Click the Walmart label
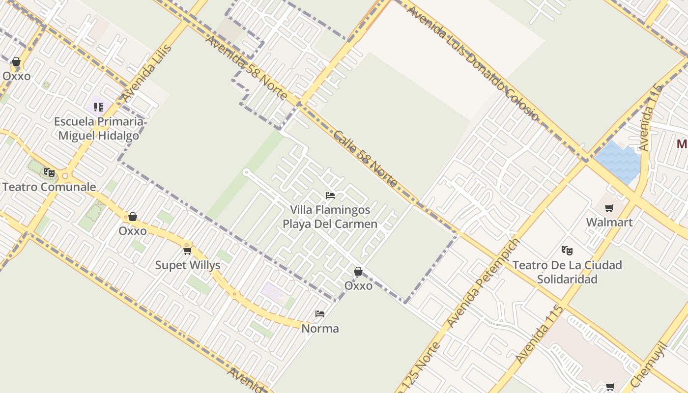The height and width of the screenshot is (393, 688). click(609, 222)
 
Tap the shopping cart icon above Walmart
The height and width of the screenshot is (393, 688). click(609, 208)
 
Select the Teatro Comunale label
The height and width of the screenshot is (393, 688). click(49, 187)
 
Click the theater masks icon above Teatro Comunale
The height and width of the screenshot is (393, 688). click(49, 172)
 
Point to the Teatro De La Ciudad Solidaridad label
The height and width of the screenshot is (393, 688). click(567, 272)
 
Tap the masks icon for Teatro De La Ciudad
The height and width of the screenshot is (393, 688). click(567, 251)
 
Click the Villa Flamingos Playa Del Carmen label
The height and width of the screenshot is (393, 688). click(330, 217)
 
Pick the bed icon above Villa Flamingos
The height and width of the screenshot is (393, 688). click(330, 196)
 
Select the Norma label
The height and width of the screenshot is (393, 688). click(320, 328)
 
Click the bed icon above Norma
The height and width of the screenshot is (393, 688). click(320, 314)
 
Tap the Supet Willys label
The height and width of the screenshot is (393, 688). click(188, 265)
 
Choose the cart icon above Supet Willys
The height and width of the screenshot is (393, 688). click(187, 251)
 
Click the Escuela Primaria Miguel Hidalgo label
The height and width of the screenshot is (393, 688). click(98, 129)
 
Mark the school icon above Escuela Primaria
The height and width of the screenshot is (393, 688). click(98, 107)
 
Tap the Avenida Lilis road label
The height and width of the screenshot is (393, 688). click(147, 73)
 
